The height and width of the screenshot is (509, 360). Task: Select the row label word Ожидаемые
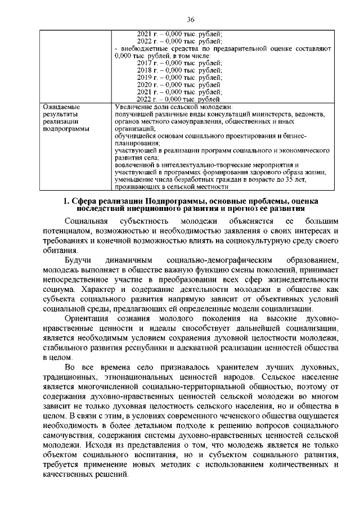(x=62, y=106)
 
